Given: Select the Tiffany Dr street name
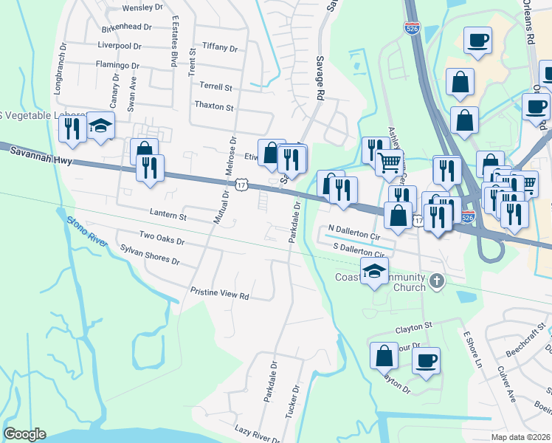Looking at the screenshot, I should pyautogui.click(x=219, y=49).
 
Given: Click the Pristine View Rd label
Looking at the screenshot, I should pyautogui.click(x=220, y=293).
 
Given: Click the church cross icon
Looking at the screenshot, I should pyautogui.click(x=437, y=281).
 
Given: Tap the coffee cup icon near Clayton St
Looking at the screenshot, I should pyautogui.click(x=426, y=361).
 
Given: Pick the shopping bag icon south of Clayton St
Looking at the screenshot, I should pyautogui.click(x=384, y=356).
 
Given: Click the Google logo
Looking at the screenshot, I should pyautogui.click(x=24, y=434).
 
